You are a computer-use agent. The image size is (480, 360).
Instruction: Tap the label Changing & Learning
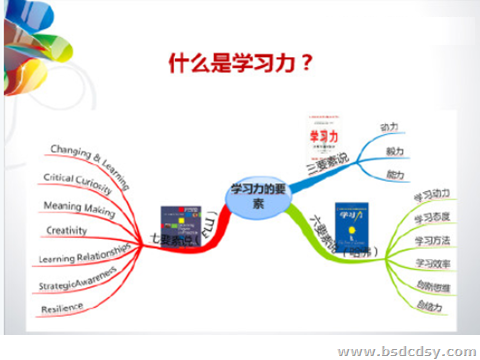(87, 153)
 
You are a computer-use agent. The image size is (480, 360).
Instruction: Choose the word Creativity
(67, 231)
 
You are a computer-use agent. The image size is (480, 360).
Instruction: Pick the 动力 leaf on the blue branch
(392, 128)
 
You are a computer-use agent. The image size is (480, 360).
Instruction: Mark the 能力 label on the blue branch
(395, 173)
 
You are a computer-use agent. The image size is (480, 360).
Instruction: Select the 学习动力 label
(433, 193)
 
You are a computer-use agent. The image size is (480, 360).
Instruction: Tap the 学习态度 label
(433, 217)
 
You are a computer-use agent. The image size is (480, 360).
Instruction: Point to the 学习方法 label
(433, 241)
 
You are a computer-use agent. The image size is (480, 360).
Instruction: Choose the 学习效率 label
(433, 264)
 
